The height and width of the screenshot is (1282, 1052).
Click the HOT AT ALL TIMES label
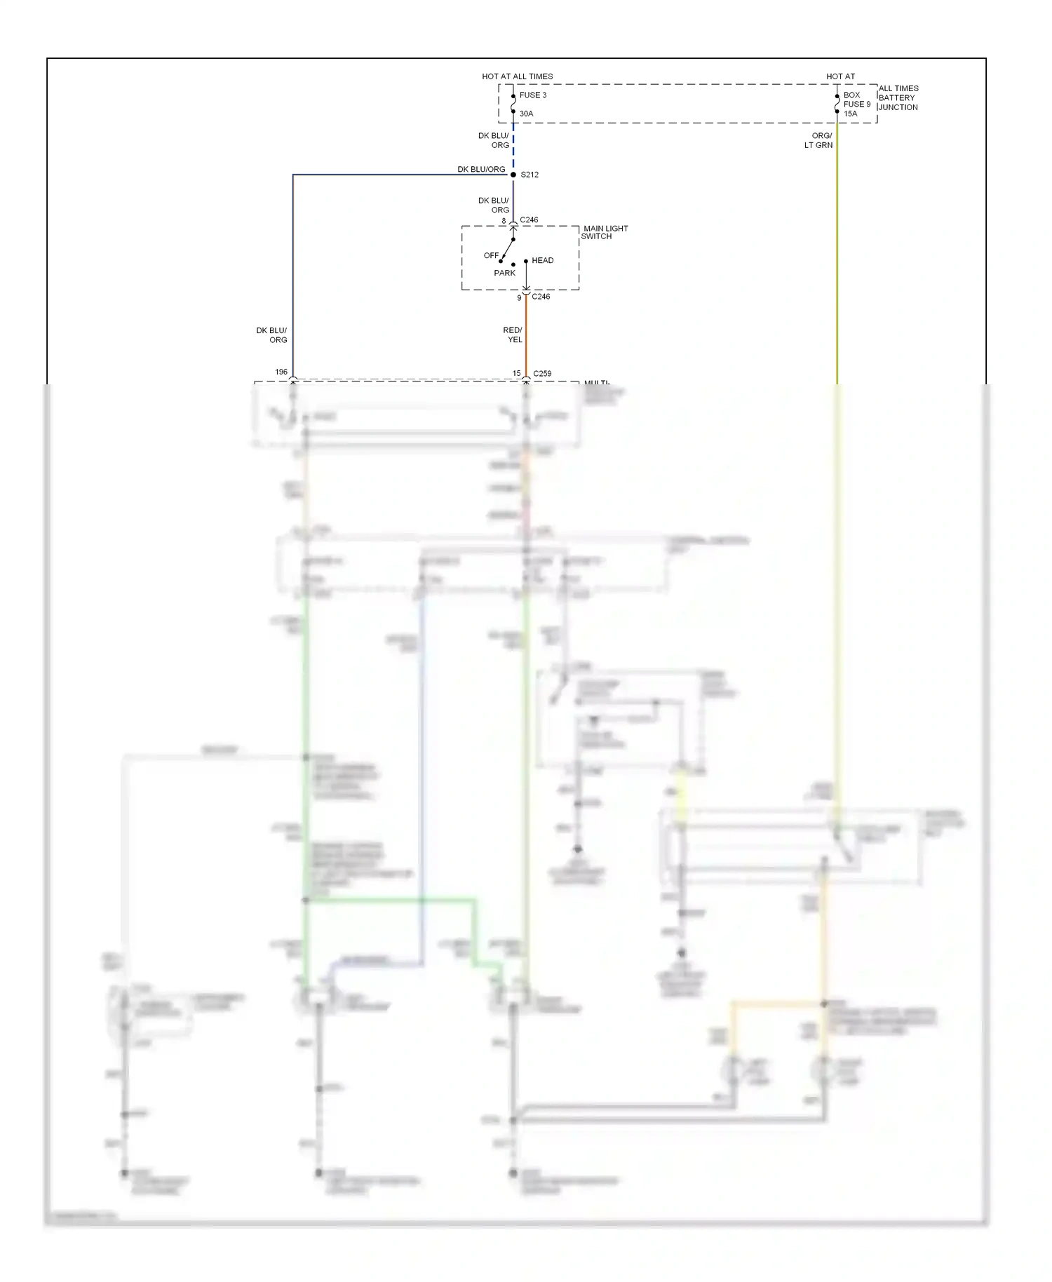[x=517, y=76]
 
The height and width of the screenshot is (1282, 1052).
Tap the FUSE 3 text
[x=532, y=95]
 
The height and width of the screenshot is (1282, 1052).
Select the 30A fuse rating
[x=526, y=114]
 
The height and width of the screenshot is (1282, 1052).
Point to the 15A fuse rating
[x=850, y=114]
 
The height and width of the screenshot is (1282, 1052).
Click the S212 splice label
[x=530, y=175]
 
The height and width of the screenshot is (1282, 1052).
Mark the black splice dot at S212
[x=513, y=175]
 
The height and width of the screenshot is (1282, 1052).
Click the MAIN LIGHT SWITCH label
[x=605, y=232]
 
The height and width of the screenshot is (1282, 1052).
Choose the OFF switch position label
[x=491, y=255]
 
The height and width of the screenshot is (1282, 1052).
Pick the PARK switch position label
[x=504, y=273]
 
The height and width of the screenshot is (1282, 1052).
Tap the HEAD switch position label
[x=542, y=260]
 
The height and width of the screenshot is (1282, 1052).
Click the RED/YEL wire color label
[x=513, y=335]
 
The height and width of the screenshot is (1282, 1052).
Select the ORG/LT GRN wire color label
[x=819, y=140]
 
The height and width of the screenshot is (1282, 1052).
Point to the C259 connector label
[x=542, y=374]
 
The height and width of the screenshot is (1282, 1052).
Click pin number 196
[x=281, y=372]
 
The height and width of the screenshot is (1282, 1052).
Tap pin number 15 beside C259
[x=516, y=374]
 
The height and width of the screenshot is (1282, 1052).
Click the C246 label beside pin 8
[x=529, y=220]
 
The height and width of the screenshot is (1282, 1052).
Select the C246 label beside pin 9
[x=541, y=297]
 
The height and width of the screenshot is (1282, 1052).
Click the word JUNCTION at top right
[x=898, y=107]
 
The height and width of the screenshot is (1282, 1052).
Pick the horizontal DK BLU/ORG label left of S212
[x=481, y=169]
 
